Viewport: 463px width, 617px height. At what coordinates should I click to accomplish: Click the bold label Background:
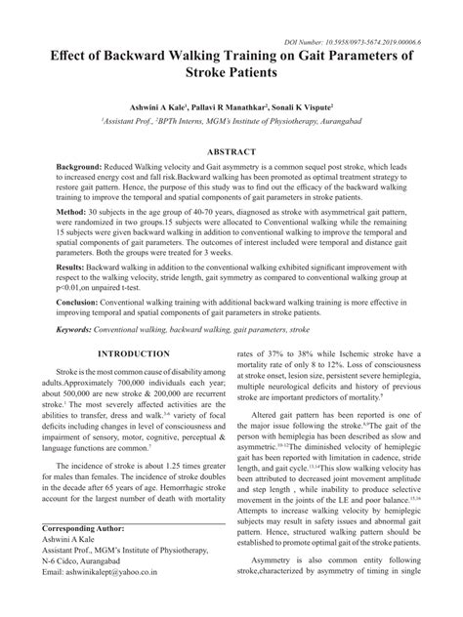pyautogui.click(x=84, y=169)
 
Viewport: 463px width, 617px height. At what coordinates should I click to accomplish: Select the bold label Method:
pyautogui.click(x=74, y=210)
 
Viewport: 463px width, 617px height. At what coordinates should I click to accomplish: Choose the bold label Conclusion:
pyautogui.click(x=84, y=305)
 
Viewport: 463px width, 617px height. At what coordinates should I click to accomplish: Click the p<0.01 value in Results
pyautogui.click(x=69, y=288)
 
